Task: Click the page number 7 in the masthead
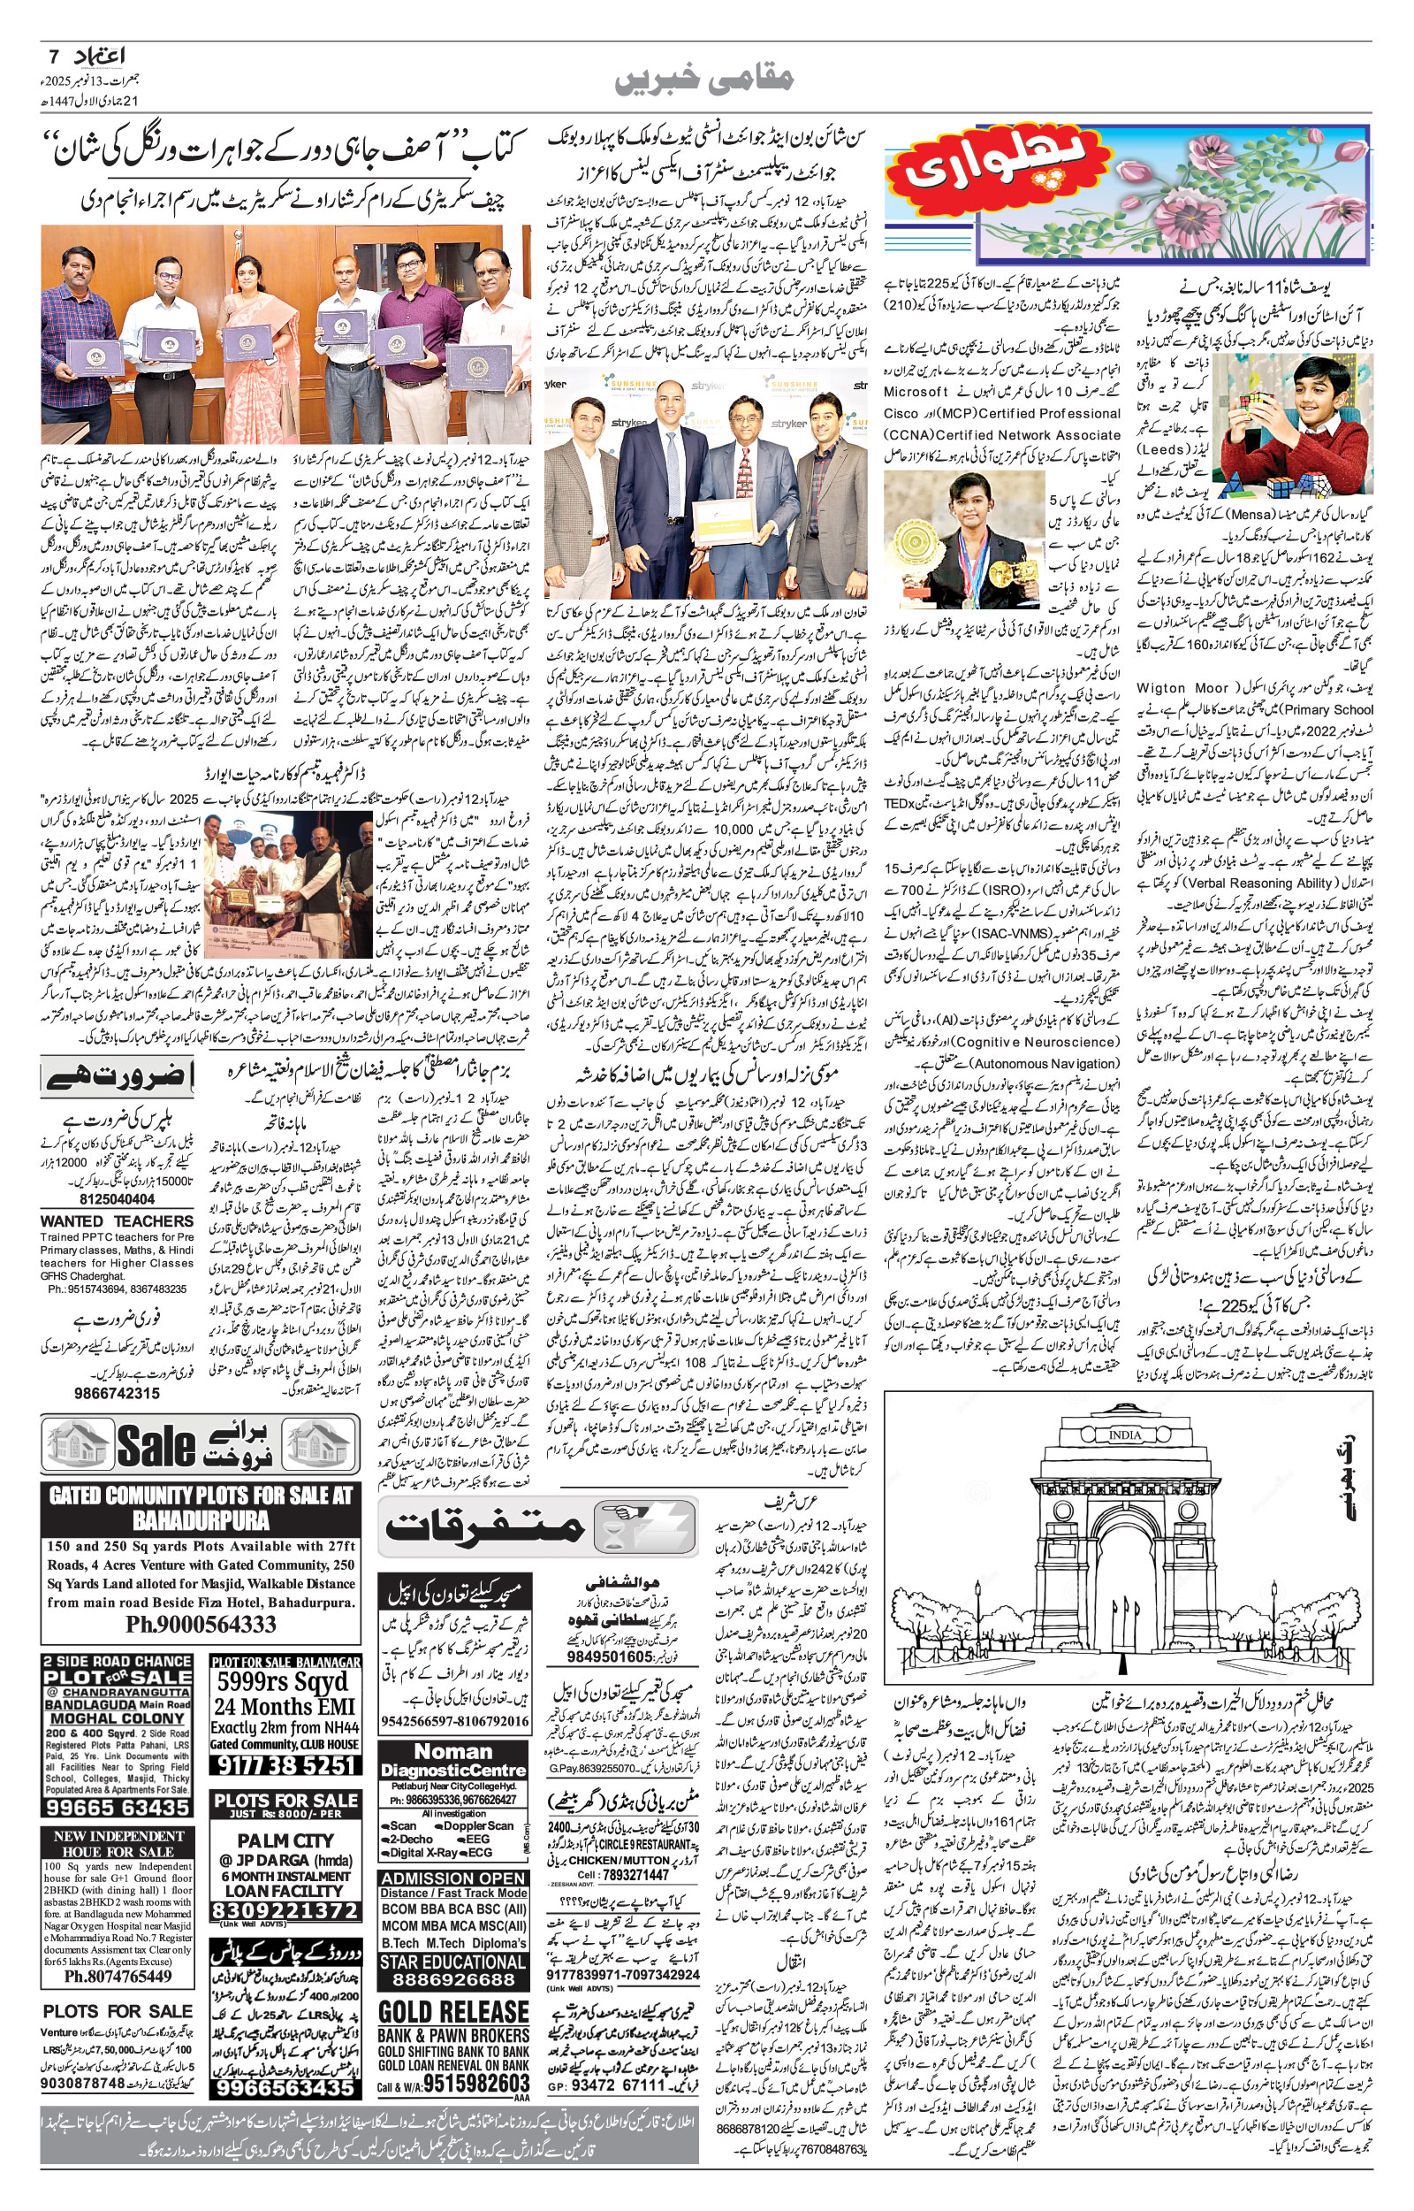click(53, 56)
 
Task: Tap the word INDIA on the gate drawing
click(1125, 1434)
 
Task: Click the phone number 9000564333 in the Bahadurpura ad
click(201, 1623)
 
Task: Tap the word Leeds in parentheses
click(1165, 449)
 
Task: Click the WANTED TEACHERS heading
click(117, 1220)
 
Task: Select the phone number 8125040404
click(117, 1198)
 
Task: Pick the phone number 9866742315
click(117, 1393)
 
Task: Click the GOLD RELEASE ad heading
click(453, 2012)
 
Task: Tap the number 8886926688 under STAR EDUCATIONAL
click(453, 1978)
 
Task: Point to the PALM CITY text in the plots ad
click(285, 1840)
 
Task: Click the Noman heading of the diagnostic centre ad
click(453, 1751)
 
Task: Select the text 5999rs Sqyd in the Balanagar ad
click(283, 1682)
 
